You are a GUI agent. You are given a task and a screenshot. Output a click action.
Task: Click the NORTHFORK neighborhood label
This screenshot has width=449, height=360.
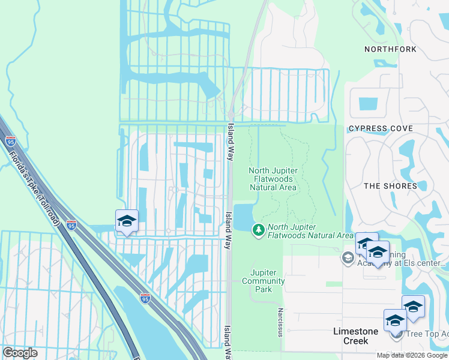pyautogui.click(x=390, y=49)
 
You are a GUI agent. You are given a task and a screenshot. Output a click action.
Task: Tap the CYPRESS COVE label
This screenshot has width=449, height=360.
pyautogui.click(x=381, y=129)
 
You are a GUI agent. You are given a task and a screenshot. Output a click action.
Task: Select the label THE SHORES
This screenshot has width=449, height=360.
pyautogui.click(x=390, y=186)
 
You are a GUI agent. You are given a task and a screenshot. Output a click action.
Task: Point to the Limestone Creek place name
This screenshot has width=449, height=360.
pyautogui.click(x=355, y=336)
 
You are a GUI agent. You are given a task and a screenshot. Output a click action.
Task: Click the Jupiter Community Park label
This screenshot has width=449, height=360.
pyautogui.click(x=264, y=281)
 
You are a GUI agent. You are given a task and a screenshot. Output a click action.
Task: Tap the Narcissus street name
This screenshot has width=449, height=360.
pyautogui.click(x=280, y=319)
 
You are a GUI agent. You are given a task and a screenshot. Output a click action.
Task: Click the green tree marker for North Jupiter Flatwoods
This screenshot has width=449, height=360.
pyautogui.click(x=259, y=229)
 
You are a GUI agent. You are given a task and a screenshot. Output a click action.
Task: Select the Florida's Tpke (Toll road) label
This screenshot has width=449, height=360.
pyautogui.click(x=34, y=187)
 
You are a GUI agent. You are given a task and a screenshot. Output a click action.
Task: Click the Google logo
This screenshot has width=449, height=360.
pyautogui.click(x=20, y=352)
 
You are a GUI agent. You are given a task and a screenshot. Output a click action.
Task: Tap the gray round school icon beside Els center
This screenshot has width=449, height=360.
pyautogui.click(x=348, y=257)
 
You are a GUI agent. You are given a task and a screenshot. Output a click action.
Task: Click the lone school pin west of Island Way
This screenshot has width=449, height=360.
pyautogui.click(x=127, y=221)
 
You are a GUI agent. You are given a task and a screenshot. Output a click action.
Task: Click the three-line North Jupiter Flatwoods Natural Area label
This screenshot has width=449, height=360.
pyautogui.click(x=273, y=179)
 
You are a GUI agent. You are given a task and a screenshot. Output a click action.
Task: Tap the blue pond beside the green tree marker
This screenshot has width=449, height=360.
pyautogui.click(x=244, y=217)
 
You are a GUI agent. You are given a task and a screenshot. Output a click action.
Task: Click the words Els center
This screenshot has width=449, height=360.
pyautogui.click(x=427, y=263)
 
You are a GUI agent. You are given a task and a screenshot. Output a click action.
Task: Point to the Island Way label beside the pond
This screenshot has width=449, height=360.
pyautogui.click(x=228, y=221)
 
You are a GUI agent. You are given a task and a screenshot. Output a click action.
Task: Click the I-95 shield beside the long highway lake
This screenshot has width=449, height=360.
pyautogui.click(x=145, y=298)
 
